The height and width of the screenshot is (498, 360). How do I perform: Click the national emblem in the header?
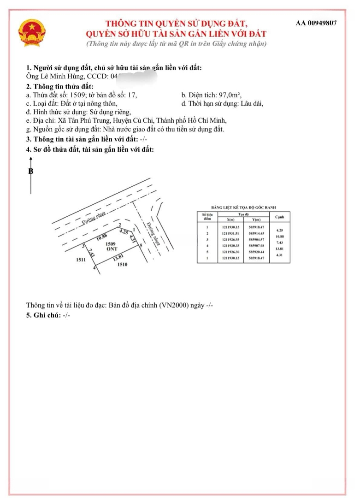click(x=31, y=33)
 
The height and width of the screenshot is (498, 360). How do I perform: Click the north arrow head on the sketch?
click(x=31, y=159)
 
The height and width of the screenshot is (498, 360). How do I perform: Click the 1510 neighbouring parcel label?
click(x=122, y=264)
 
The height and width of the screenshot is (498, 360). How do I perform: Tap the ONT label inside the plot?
click(x=111, y=249)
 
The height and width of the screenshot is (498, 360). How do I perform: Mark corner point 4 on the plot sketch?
click(x=94, y=268)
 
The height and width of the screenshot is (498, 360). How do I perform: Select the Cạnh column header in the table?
click(x=279, y=217)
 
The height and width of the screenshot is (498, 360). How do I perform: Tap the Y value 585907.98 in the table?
click(x=256, y=246)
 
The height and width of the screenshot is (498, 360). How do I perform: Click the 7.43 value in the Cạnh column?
click(x=279, y=243)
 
